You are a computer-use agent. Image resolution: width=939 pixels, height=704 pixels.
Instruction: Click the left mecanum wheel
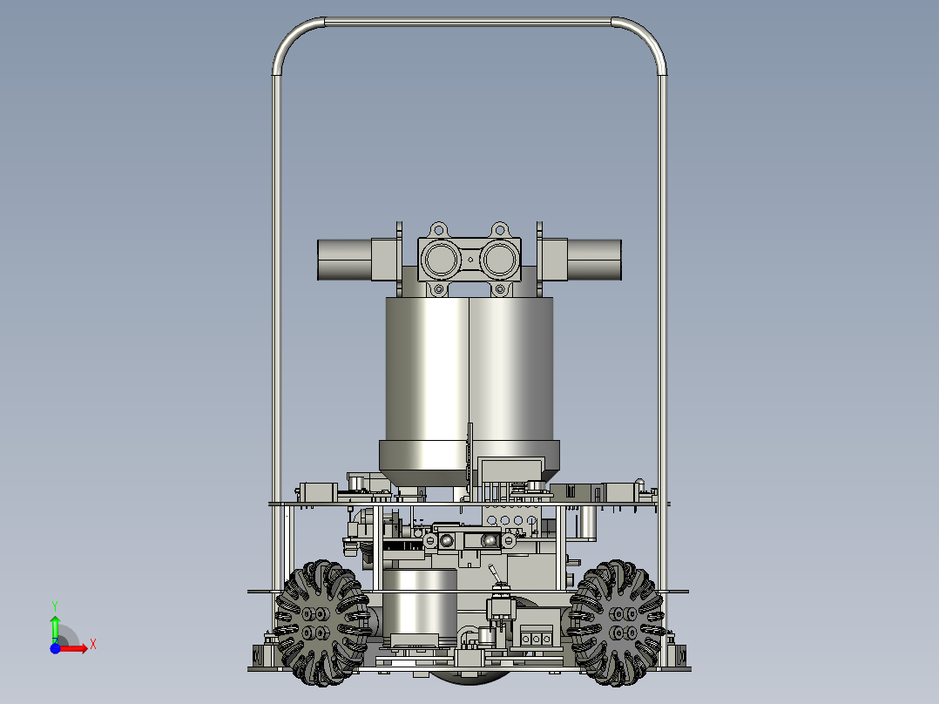[x=321, y=623]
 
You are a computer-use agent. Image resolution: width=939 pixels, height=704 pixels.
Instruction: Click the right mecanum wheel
[x=617, y=623]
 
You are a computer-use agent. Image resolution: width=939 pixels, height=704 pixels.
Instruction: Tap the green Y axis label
[x=55, y=606]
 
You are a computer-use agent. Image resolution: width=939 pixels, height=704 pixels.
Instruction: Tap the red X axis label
[x=93, y=645]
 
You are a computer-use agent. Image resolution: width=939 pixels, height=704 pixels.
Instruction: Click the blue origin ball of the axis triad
[x=55, y=648]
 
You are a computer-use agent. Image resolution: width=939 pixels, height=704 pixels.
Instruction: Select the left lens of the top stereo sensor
[x=442, y=260]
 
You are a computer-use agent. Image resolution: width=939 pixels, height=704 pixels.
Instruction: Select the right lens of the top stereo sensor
[x=499, y=260]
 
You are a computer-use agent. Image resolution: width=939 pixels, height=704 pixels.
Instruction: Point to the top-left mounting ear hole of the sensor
[x=439, y=229]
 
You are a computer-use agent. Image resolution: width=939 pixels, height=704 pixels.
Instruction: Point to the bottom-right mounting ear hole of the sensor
[x=499, y=290]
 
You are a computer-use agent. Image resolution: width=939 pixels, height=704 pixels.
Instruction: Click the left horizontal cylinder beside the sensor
[x=344, y=260]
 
